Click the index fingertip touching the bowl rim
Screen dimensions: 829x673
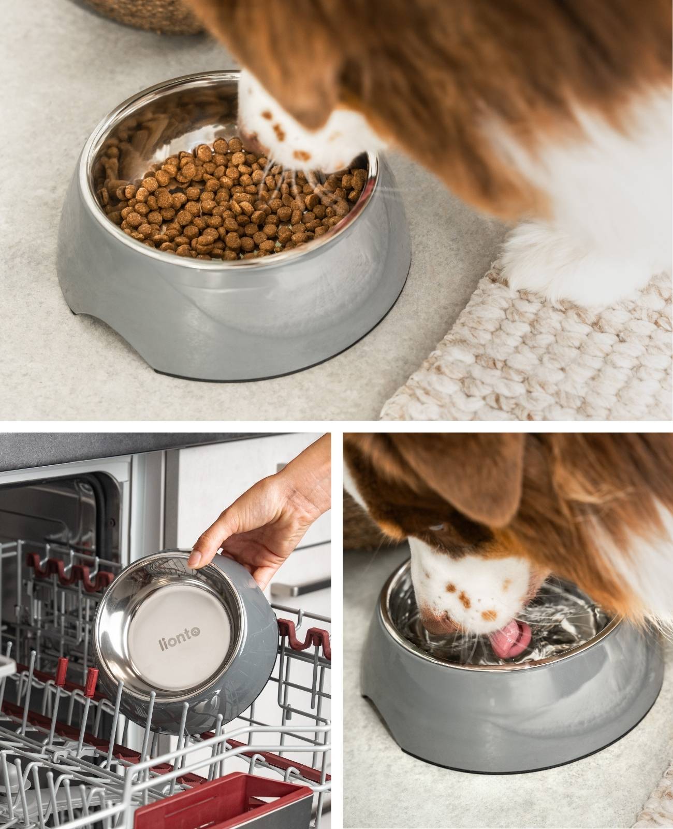[194, 559]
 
